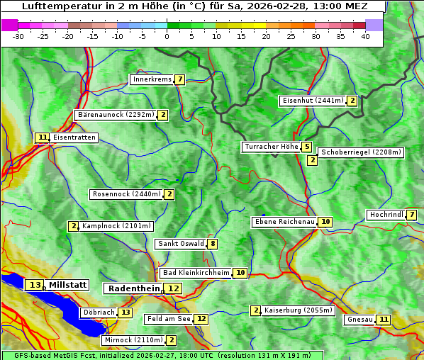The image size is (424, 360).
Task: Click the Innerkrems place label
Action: click(152, 79)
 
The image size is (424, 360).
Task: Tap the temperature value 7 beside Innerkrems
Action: click(180, 79)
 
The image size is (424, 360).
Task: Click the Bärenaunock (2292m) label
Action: click(115, 115)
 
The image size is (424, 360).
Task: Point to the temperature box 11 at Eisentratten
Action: click(43, 137)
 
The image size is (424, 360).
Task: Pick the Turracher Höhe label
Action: click(271, 147)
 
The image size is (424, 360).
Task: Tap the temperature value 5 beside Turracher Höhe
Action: click(306, 147)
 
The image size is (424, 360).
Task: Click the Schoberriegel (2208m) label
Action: click(361, 152)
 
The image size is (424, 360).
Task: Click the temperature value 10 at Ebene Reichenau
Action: click(325, 222)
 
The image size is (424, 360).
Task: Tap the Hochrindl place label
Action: click(386, 215)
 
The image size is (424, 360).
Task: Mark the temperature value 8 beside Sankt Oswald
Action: click(212, 244)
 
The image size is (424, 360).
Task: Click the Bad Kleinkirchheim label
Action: click(196, 273)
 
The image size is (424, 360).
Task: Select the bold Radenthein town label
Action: click(133, 288)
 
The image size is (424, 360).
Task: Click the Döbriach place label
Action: click(98, 312)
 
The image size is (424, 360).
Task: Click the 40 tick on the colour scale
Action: click(365, 36)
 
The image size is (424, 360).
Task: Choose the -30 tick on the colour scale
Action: click(18, 36)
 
